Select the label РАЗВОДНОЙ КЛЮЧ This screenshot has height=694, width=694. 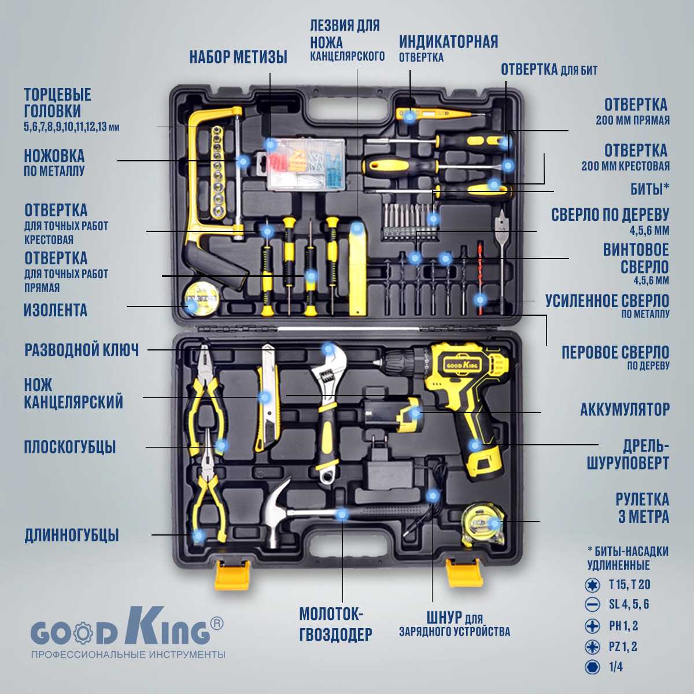click(82, 350)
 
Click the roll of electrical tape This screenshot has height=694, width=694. click(201, 298)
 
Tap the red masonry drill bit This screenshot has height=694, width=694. click(479, 278)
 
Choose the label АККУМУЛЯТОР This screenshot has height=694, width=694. click(625, 409)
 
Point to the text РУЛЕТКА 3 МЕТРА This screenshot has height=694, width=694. click(642, 508)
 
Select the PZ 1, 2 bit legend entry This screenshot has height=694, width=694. click(622, 647)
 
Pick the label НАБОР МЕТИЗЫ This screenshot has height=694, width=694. click(238, 57)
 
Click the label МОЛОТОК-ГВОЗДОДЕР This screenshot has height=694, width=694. click(335, 625)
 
